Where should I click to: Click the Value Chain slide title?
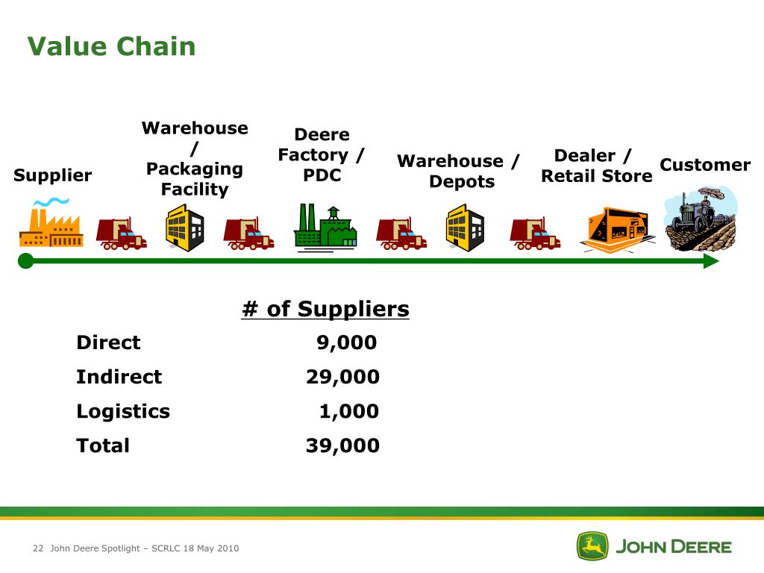click(x=111, y=46)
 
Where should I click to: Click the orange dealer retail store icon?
click(x=617, y=230)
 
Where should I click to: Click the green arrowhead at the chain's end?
click(x=711, y=261)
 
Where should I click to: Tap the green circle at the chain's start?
click(x=26, y=260)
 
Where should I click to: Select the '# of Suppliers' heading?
click(x=325, y=309)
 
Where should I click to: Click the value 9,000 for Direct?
click(x=346, y=342)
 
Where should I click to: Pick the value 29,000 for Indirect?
click(x=342, y=377)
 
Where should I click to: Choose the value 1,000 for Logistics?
click(x=348, y=411)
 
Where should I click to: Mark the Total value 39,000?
click(x=342, y=445)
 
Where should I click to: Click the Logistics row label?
click(x=123, y=411)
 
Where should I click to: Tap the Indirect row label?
click(x=119, y=377)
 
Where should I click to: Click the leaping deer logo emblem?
click(x=592, y=546)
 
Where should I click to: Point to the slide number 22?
click(x=39, y=548)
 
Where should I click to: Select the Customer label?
click(x=705, y=165)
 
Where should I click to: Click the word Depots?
click(x=462, y=182)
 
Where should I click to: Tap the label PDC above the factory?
click(x=322, y=176)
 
